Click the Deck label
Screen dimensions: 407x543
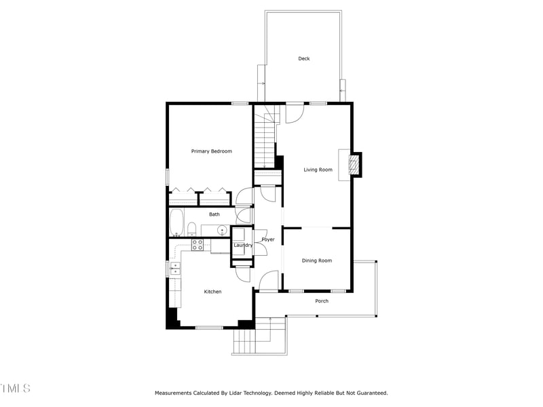(304, 59)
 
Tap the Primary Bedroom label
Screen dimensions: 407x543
(211, 151)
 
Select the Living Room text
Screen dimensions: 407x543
(318, 170)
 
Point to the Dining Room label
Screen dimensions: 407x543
(317, 260)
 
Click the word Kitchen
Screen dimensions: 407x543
(213, 292)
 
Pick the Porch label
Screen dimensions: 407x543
(322, 301)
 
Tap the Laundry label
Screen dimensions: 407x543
(243, 245)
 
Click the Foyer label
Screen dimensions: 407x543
(268, 239)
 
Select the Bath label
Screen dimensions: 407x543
(214, 214)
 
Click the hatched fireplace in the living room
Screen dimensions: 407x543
(353, 164)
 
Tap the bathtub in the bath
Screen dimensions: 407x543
(176, 222)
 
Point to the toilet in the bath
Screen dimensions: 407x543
(192, 229)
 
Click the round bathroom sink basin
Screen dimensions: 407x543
(222, 231)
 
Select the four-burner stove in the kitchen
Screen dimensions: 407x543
(198, 245)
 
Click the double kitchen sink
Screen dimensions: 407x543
(174, 269)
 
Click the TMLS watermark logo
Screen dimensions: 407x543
(15, 389)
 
